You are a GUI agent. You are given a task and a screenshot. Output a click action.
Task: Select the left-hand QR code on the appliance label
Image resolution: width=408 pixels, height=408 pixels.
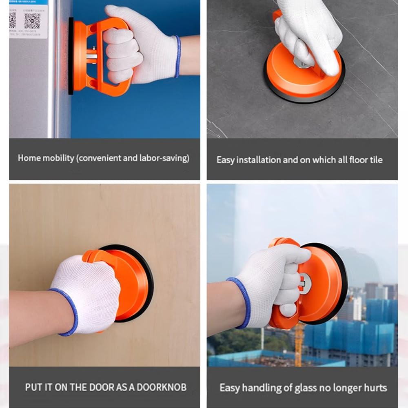tap(12, 20)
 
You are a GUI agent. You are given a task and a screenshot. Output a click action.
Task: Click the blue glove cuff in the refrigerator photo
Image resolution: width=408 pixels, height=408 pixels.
tap(177, 56)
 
